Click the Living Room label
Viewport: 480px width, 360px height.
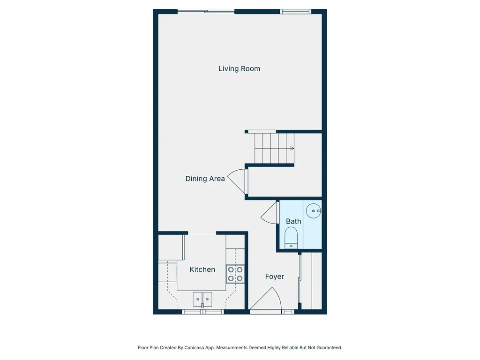point(239,68)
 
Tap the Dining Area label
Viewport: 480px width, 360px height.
point(205,179)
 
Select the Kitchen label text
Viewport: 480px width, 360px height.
point(202,270)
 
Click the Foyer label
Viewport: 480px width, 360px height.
point(274,277)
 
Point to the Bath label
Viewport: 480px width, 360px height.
point(293,221)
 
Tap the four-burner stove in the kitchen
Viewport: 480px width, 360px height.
point(235,274)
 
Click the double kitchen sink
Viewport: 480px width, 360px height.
point(202,298)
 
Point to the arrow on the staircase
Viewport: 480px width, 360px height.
point(292,149)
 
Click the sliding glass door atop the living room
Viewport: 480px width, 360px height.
point(206,11)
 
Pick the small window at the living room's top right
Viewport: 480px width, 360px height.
point(295,11)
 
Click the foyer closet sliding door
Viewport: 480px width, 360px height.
point(300,281)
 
